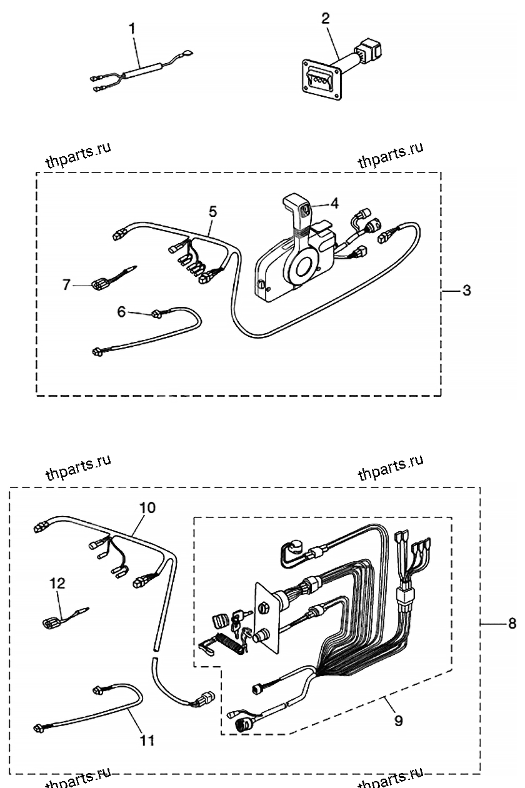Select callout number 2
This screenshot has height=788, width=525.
tap(325, 18)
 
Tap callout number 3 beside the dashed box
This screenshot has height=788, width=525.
tap(466, 291)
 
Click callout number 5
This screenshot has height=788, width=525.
tap(212, 212)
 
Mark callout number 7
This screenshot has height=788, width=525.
tap(67, 284)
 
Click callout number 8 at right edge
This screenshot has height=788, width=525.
tap(512, 623)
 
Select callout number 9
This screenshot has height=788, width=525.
tap(398, 721)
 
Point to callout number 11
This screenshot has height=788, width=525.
tap(147, 741)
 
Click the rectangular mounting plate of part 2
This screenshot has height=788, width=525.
tap(322, 79)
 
